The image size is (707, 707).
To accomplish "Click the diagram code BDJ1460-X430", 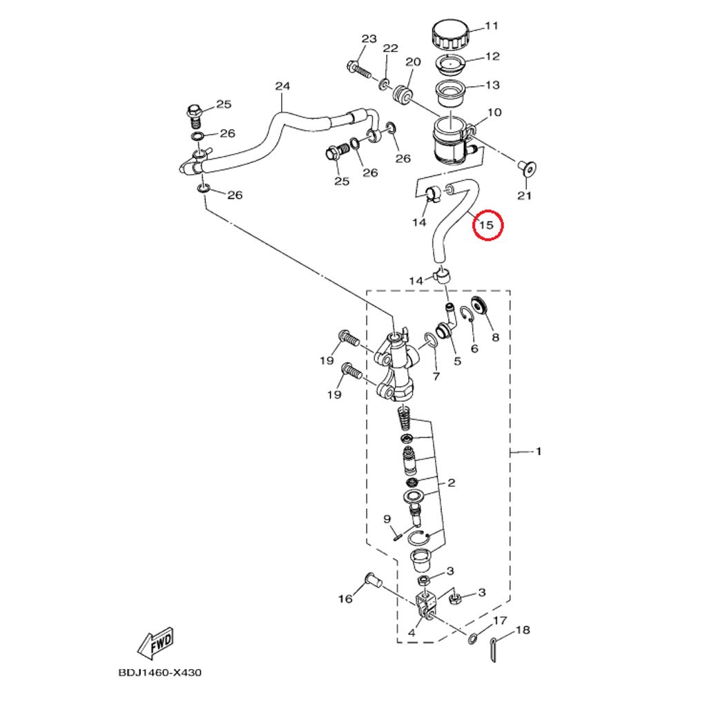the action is point(159,672).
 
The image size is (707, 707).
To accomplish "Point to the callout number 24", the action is point(282,86).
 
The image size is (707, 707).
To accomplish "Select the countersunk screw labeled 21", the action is point(526,168).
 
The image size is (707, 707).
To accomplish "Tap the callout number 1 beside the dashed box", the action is point(538,452).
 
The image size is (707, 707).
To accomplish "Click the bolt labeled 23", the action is point(359,69).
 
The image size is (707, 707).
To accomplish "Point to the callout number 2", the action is point(452,483).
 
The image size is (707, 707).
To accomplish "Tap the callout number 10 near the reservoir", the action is point(494,113).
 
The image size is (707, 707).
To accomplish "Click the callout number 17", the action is point(500,621).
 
